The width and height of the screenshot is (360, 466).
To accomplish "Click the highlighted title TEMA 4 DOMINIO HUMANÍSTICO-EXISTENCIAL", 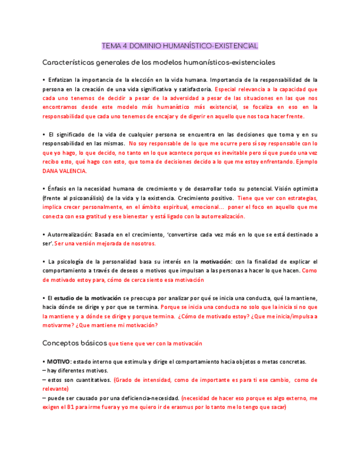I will click(180, 46).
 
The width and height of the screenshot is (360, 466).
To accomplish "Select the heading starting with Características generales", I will click(159, 62).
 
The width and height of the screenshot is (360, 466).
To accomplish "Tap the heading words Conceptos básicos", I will click(75, 343).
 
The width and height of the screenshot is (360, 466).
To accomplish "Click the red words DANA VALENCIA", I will click(64, 171).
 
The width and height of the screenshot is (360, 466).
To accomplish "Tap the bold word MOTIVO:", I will click(58, 362).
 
